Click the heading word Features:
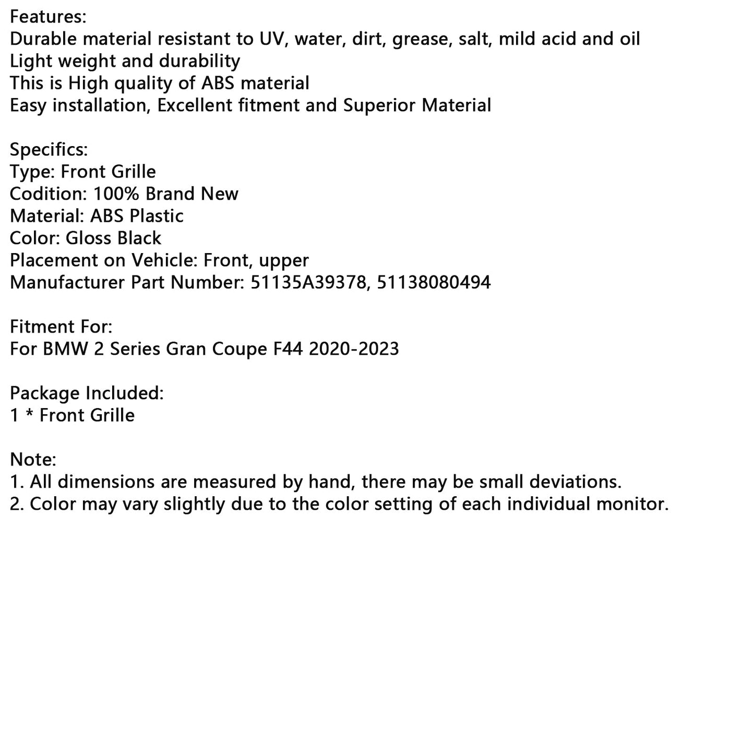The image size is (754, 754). click(x=48, y=17)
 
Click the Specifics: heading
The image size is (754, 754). click(x=49, y=150)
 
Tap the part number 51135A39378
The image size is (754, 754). click(x=308, y=283)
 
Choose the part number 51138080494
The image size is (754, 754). click(x=434, y=283)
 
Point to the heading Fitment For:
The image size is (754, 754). click(x=61, y=327)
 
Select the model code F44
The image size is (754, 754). click(x=289, y=349)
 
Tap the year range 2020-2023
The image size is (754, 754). click(x=354, y=349)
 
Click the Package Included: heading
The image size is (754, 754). click(x=87, y=393)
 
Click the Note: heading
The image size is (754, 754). click(x=33, y=460)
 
